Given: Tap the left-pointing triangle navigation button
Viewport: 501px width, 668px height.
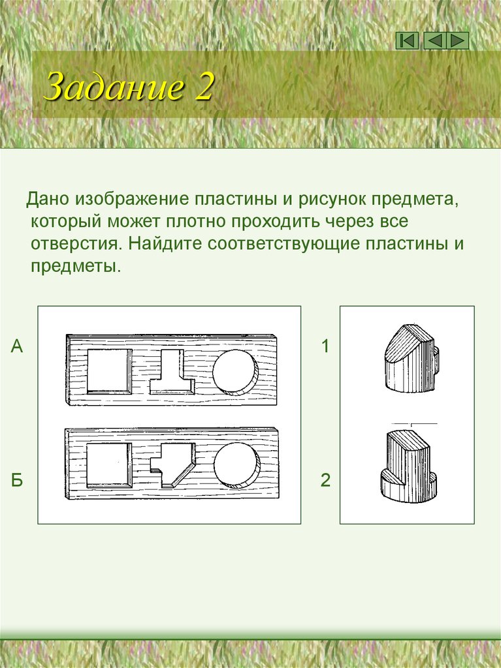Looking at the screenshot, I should point(434,40).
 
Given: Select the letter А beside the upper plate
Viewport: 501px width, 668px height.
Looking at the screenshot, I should point(17,346).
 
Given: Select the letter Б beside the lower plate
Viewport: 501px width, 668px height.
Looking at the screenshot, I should point(17,481).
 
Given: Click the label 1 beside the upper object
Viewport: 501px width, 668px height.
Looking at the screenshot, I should point(325,346).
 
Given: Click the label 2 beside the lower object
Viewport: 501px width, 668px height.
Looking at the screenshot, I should point(325,481).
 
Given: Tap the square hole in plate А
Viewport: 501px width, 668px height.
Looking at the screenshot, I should point(108,371).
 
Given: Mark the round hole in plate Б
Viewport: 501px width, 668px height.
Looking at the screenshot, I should point(235,464).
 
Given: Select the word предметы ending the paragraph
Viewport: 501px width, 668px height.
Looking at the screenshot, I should point(76,267).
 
